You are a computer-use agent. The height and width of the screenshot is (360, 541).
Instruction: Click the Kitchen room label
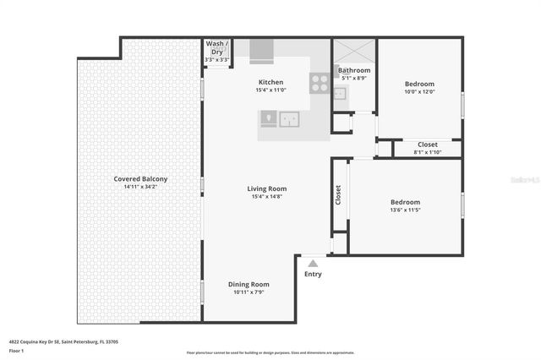270,82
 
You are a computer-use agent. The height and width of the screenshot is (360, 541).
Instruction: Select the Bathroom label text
354,70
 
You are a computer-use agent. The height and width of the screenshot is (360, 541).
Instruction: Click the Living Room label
266,188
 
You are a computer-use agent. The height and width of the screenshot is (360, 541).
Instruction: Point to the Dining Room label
249,284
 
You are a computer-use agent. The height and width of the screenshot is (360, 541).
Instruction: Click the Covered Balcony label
140,178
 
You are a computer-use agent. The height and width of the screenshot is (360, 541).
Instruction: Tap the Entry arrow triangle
313,263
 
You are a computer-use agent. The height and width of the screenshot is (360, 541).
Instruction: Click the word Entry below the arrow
313,274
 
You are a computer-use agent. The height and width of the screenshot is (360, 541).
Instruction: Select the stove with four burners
320,83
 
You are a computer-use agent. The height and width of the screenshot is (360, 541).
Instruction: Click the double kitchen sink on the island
289,119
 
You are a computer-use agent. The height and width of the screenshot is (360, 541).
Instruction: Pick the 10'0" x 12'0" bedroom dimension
418,91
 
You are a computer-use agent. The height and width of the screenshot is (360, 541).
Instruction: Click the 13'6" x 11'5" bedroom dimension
405,210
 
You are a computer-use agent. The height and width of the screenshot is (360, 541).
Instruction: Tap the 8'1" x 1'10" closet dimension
428,152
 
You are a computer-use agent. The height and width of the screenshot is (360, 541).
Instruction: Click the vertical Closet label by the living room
338,195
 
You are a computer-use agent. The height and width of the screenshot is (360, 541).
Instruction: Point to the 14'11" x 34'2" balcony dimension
140,186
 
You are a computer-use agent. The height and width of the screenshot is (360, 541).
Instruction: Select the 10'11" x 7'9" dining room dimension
249,292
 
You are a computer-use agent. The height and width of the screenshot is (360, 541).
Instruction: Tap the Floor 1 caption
17,350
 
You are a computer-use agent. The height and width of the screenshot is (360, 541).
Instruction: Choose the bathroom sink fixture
339,92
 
